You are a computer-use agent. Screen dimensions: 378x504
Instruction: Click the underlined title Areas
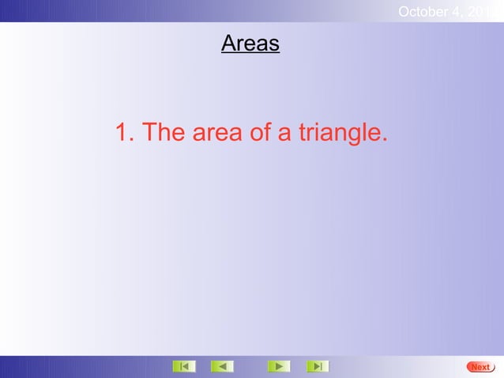pos(250,43)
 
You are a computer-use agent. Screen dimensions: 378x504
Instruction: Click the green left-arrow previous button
pos(222,366)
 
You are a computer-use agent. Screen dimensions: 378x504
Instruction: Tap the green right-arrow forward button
pos(278,366)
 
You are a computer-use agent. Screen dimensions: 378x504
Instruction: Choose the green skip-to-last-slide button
pos(317,366)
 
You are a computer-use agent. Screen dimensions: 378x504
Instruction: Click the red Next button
pos(480,367)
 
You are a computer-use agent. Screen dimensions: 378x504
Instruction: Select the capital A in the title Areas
pos(228,43)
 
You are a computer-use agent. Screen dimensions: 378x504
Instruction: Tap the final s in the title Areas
pos(274,45)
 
